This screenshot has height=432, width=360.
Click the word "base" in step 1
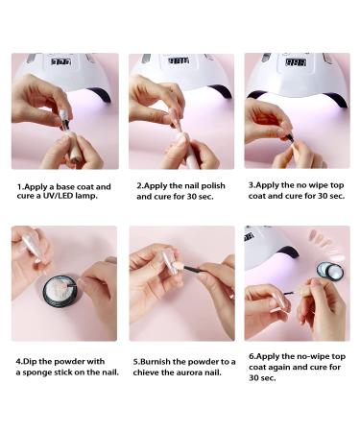click(66, 186)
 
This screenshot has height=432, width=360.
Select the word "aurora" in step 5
click(191, 372)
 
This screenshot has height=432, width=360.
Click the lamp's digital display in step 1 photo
click(61, 61)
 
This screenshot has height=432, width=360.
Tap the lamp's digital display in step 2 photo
click(179, 60)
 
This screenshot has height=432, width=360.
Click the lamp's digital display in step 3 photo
click(296, 62)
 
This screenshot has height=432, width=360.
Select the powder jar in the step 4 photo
click(60, 291)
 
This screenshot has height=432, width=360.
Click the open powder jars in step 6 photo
click(330, 271)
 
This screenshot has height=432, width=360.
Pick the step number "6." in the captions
click(252, 357)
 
